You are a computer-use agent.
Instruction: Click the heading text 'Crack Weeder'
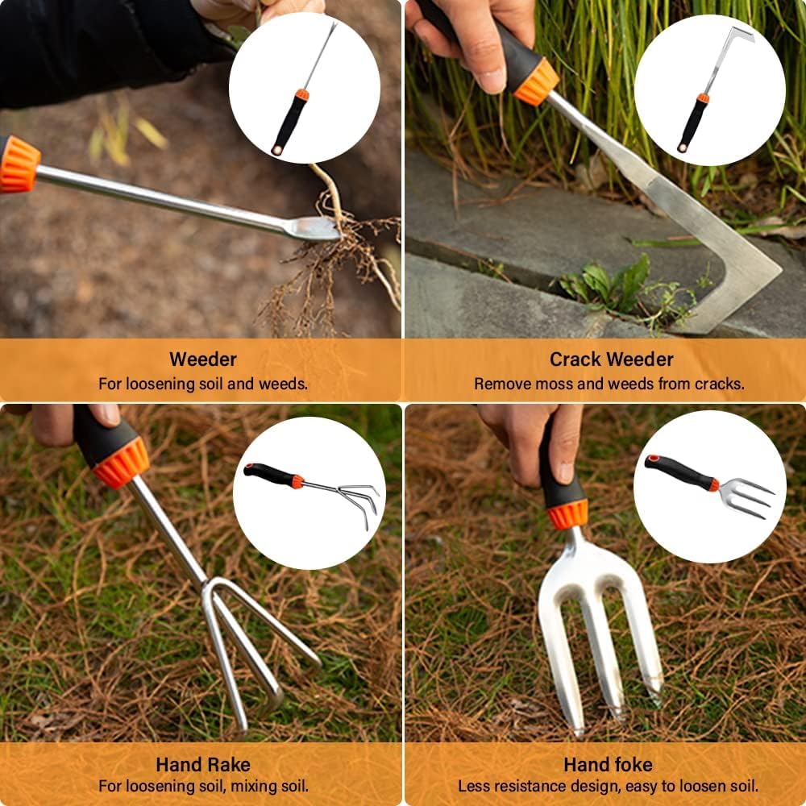click(611, 359)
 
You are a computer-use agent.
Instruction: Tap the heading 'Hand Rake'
click(203, 764)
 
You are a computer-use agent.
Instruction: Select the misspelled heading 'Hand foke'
click(608, 764)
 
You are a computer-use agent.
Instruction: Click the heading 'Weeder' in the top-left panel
click(203, 359)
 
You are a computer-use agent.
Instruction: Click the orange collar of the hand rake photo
click(121, 463)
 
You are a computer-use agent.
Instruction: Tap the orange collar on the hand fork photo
click(567, 513)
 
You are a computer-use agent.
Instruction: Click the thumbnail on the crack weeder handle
click(491, 79)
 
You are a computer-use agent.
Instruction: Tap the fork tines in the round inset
click(747, 497)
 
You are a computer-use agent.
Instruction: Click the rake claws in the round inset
click(357, 500)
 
